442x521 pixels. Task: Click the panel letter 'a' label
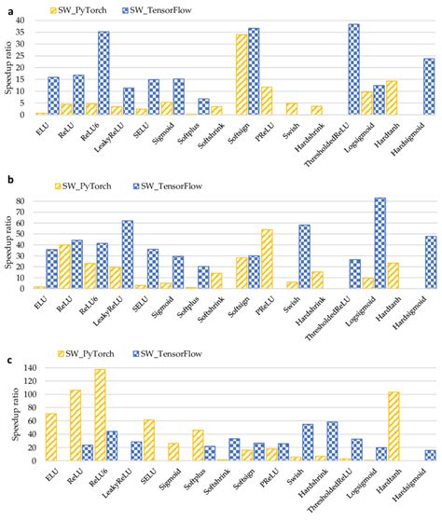(x=6, y=7)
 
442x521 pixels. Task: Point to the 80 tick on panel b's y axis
(x=29, y=200)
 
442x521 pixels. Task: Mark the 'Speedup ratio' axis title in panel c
(x=10, y=415)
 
